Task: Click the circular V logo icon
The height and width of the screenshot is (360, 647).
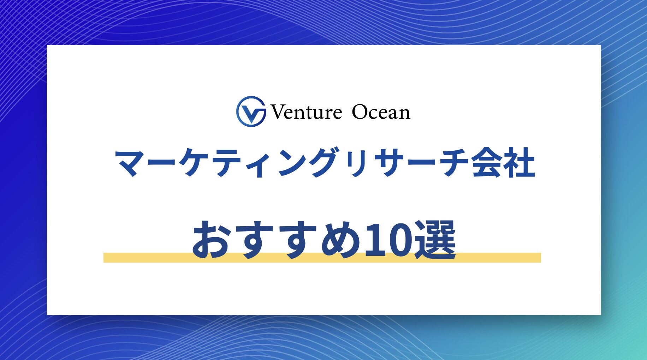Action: [x=251, y=112]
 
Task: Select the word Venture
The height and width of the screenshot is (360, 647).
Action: [x=306, y=112]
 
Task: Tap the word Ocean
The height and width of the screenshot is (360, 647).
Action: [x=381, y=112]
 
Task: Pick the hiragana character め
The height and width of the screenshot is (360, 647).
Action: [x=341, y=240]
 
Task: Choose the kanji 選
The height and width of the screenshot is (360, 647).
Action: [x=435, y=240]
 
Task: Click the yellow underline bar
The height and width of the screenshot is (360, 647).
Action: [x=322, y=258]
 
